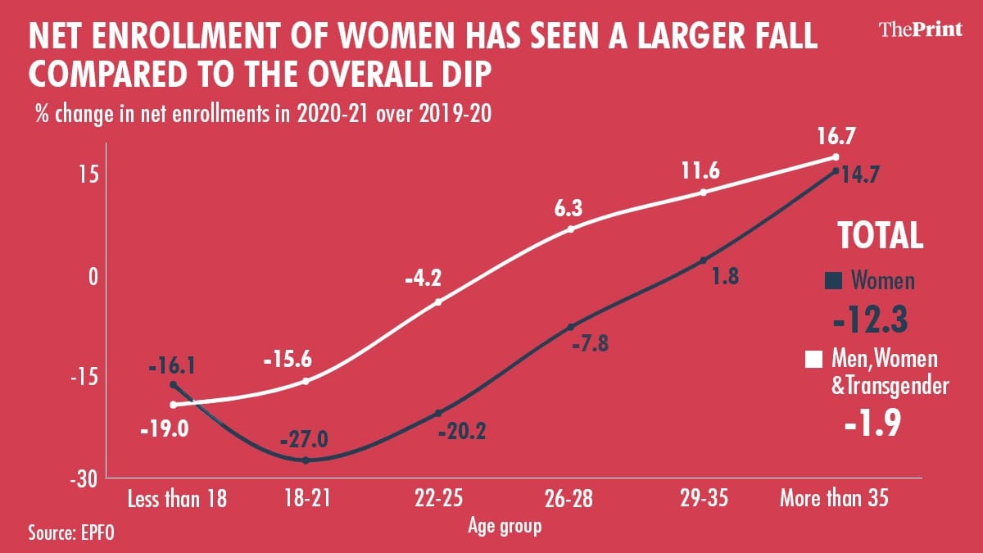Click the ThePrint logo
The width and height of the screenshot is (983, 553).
point(918,29)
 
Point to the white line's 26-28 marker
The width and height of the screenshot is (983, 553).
point(571,229)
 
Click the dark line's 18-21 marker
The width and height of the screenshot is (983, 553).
point(306,460)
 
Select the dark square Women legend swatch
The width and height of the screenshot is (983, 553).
point(835,282)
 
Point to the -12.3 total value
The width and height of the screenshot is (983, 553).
point(869,320)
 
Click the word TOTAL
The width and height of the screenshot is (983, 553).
point(880,236)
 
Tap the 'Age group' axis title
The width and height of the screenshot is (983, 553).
point(505,525)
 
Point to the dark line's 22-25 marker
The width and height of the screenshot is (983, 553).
point(438,413)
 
